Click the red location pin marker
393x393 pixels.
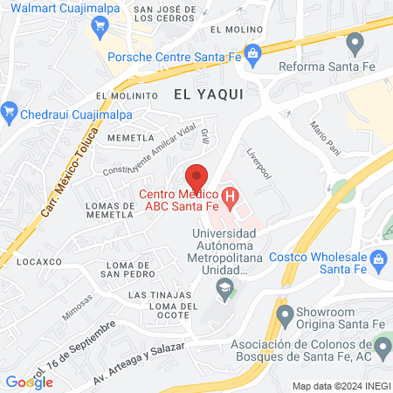click(x=196, y=175)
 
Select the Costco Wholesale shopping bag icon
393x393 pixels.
click(x=378, y=258)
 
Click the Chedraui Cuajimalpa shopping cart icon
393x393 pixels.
click(x=10, y=110)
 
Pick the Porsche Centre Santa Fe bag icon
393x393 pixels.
click(x=252, y=54)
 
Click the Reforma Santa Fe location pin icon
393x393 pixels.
click(x=355, y=41)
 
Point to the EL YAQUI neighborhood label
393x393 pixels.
click(x=207, y=92)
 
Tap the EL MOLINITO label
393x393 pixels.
click(x=127, y=95)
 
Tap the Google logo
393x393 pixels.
click(x=29, y=382)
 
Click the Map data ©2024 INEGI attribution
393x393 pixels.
click(x=340, y=385)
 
